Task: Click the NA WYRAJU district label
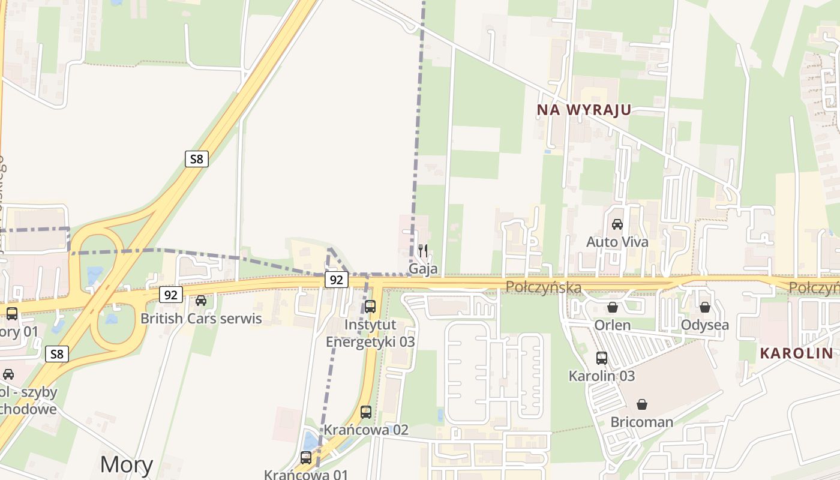click(584, 110)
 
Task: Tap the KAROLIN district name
click(797, 353)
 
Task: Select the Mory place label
click(126, 464)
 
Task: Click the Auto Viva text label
click(617, 242)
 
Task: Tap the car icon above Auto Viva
click(617, 224)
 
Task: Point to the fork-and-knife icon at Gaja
click(423, 250)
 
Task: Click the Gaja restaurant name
click(423, 268)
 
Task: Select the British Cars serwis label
click(201, 318)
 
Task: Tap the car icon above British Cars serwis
click(201, 300)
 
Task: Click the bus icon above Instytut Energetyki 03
click(370, 307)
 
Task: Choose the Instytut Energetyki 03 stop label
click(370, 333)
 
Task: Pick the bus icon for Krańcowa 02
click(366, 412)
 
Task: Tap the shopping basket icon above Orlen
click(613, 307)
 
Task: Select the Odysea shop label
click(705, 325)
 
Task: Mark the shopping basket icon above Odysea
click(705, 307)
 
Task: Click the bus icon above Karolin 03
click(602, 358)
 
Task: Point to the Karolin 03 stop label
click(602, 376)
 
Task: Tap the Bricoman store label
click(642, 422)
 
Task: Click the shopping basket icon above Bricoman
click(642, 404)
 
